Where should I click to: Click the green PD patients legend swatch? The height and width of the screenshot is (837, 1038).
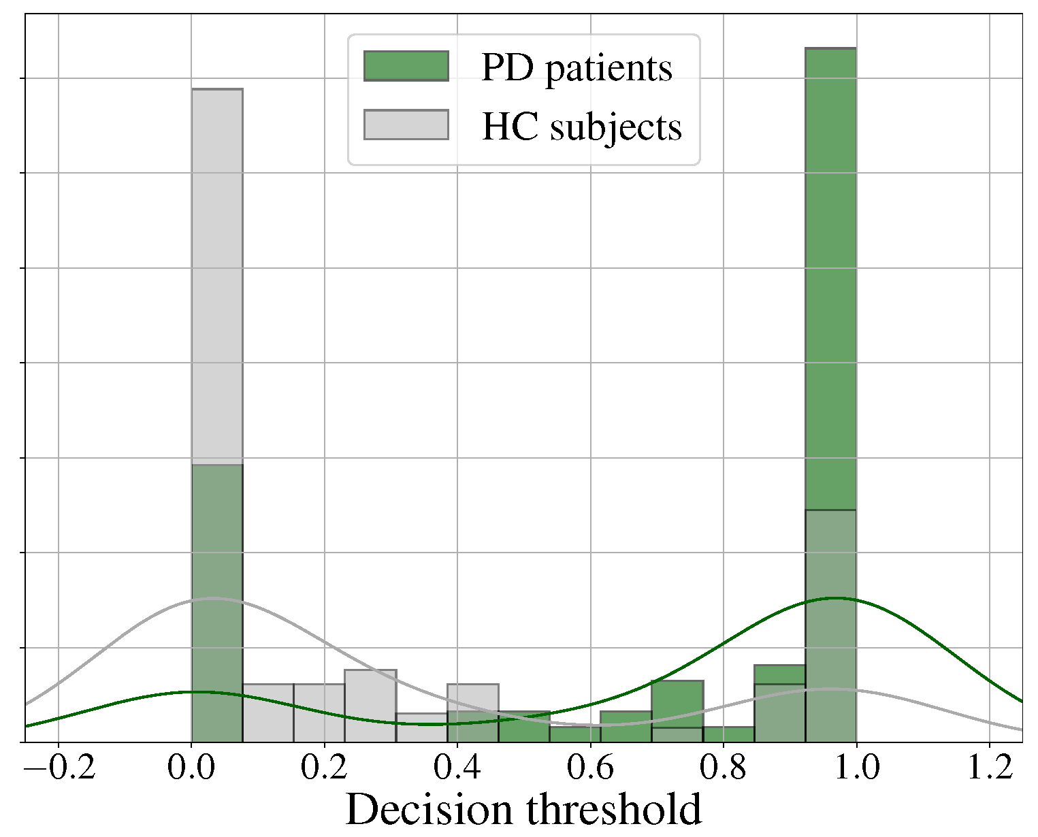[406, 66]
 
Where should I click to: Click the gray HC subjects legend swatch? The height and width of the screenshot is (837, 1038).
[406, 125]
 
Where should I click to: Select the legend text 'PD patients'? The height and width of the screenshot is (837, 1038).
[577, 67]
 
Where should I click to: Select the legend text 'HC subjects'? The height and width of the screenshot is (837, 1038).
[581, 127]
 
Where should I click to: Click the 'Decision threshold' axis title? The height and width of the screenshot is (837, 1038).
[523, 810]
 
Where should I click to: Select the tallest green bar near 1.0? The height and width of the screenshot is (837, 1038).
[830, 272]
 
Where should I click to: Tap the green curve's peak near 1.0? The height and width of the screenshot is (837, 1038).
[834, 598]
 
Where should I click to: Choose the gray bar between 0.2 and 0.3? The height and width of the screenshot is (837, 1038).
[370, 704]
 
